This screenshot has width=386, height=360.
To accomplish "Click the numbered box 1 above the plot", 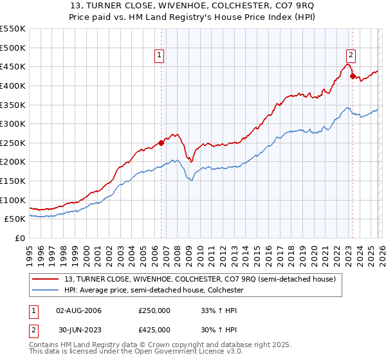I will (160, 56).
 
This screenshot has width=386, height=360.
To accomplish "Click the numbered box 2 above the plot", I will (351, 56).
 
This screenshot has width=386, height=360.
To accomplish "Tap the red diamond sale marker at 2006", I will (161, 143).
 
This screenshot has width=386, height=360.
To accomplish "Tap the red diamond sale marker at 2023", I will (353, 76).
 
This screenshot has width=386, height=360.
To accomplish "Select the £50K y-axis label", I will (15, 219).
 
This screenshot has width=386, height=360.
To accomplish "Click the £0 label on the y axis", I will (21, 238).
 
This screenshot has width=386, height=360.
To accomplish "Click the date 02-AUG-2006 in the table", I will (78, 310).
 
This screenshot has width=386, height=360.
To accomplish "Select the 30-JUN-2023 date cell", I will (78, 330).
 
